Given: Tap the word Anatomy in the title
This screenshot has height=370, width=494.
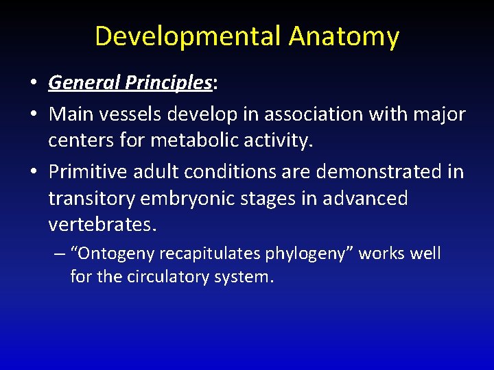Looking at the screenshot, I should tap(344, 36).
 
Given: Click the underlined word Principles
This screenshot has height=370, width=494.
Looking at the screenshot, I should tap(168, 84).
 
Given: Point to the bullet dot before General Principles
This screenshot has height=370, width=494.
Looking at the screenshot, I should tap(34, 84).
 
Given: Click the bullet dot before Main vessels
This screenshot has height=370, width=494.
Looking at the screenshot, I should tap(34, 114).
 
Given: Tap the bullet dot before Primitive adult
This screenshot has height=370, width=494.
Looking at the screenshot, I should tap(34, 172).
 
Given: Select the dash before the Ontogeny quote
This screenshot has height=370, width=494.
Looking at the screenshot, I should tap(60, 254).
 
